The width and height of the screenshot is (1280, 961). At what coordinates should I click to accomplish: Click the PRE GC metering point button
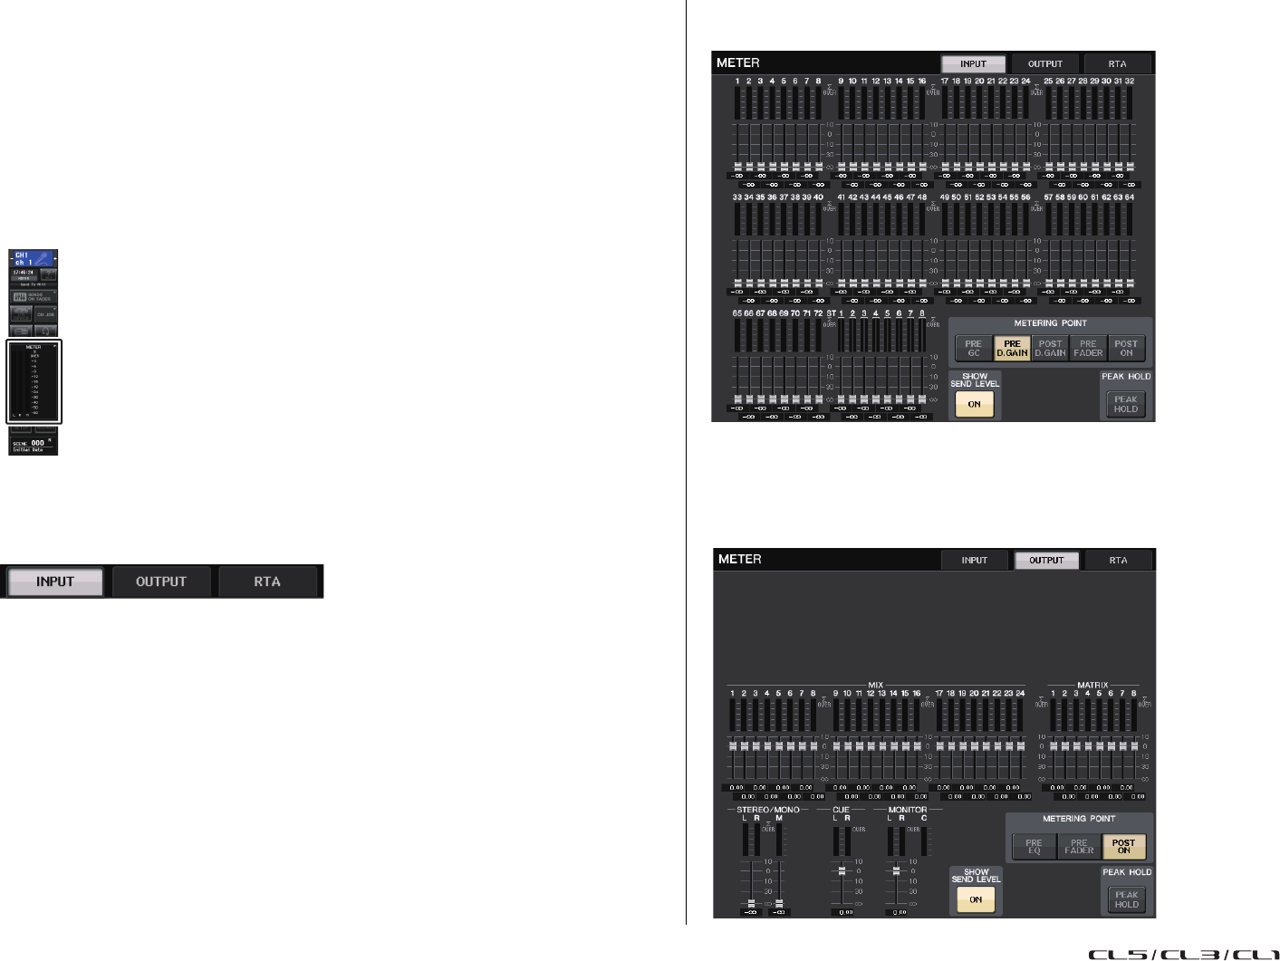coord(974,349)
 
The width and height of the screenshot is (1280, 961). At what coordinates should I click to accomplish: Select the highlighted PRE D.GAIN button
coord(1012,349)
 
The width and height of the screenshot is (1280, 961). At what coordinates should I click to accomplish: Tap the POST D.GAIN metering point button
coord(1050,349)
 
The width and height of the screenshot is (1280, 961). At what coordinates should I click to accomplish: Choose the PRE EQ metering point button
coord(1034,847)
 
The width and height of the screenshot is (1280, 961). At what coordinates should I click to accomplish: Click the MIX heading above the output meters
coord(875,685)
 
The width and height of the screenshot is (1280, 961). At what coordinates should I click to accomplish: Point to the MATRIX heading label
coord(1092,685)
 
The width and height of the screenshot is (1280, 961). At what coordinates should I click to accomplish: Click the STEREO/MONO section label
coord(768,810)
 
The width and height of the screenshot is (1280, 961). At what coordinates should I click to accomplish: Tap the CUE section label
coord(842,810)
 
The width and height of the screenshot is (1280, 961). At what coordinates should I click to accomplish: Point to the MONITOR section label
coord(907,810)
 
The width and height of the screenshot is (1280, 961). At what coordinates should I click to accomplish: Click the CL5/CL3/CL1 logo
coord(1183,954)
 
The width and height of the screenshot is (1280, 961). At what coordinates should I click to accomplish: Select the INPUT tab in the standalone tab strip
coord(55,581)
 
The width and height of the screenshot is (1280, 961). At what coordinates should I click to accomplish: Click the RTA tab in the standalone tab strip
coord(267,581)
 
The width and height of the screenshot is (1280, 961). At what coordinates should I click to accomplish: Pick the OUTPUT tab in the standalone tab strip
coord(161,581)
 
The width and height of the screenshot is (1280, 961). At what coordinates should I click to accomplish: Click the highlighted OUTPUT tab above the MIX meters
coord(1046,561)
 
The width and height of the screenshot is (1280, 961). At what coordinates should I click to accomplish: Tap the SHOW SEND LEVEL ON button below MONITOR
coord(976,899)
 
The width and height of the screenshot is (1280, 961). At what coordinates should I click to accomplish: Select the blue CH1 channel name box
coord(34,259)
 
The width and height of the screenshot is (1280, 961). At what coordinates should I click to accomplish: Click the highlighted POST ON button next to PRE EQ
coord(1123,847)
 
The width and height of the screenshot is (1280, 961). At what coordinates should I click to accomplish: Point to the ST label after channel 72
coord(831,313)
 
